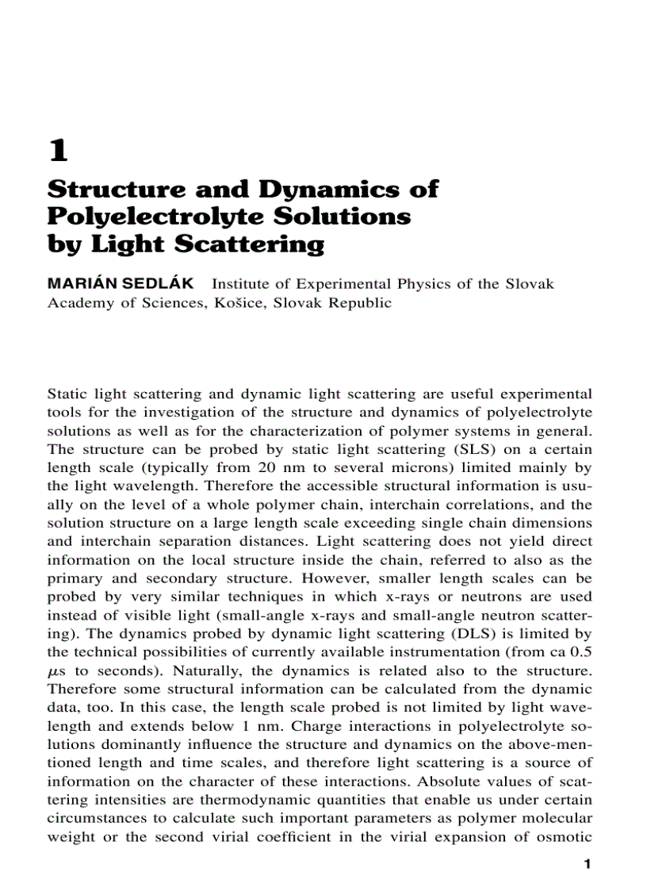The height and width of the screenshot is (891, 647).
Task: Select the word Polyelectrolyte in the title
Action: tap(165, 217)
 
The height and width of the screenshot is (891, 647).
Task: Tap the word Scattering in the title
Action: tap(248, 244)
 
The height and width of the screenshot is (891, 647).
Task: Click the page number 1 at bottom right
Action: tap(587, 865)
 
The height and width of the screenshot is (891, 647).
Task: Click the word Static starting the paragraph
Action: tap(67, 394)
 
